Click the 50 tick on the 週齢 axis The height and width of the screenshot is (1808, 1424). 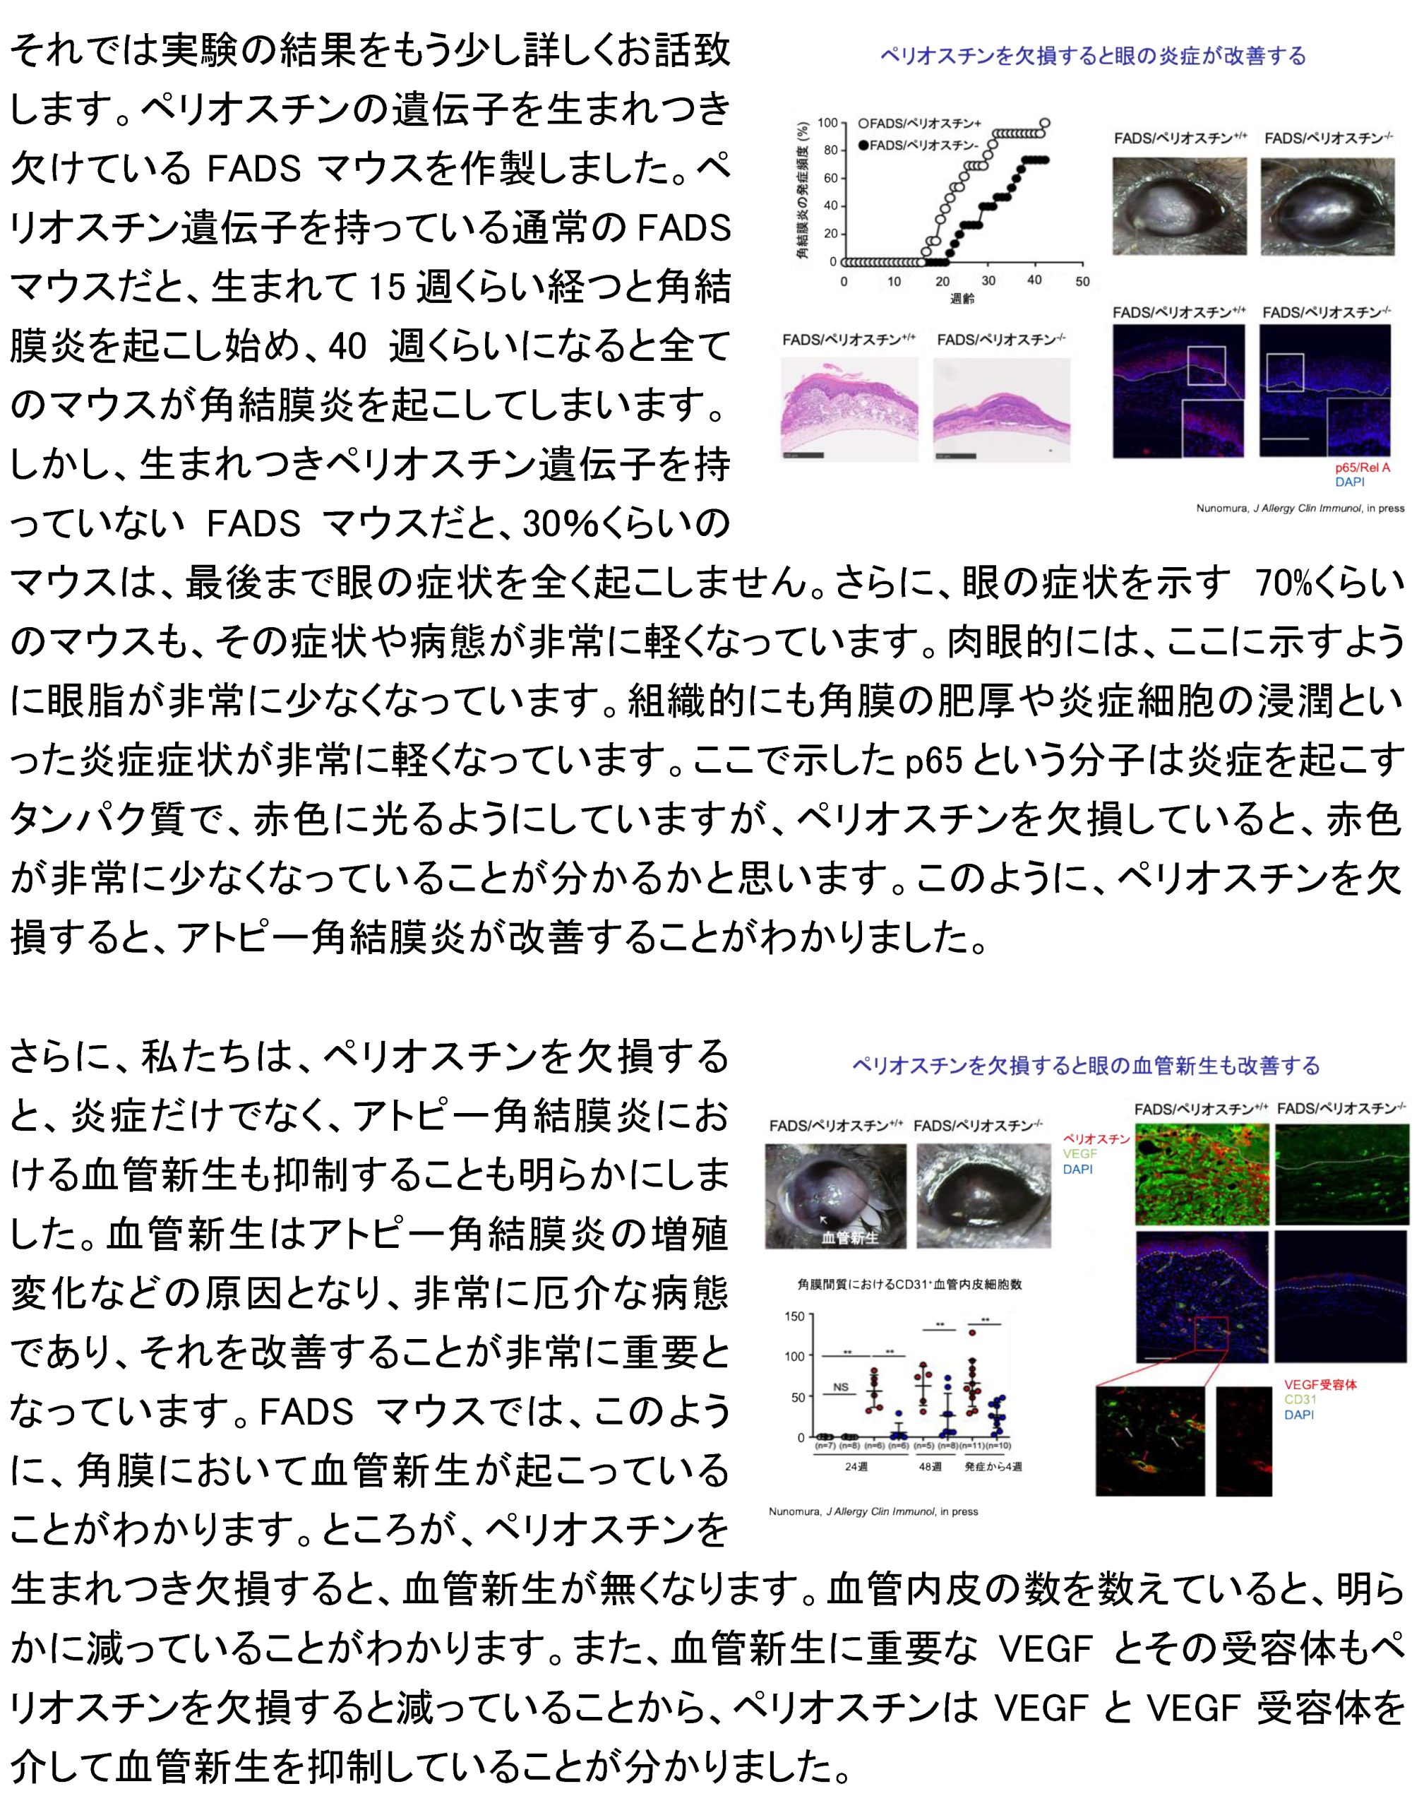[x=1082, y=282]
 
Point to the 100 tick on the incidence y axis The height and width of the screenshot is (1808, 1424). [x=827, y=124]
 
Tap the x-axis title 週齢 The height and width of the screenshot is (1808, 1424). [x=962, y=299]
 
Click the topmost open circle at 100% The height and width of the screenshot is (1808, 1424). [x=1045, y=124]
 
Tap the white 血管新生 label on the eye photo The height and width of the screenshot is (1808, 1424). [x=849, y=1237]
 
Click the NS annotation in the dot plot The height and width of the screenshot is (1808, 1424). [x=840, y=1387]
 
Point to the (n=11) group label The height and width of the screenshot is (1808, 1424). [x=973, y=1445]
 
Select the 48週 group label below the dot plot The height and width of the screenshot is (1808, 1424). [x=930, y=1466]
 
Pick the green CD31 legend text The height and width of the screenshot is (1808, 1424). [x=1300, y=1399]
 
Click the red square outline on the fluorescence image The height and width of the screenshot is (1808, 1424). [x=1211, y=1333]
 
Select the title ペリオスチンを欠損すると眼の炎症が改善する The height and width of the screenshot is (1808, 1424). [x=1093, y=56]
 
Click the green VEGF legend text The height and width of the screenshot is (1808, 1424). [x=1079, y=1153]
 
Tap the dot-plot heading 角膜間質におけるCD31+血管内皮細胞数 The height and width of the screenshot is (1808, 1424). [x=909, y=1284]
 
